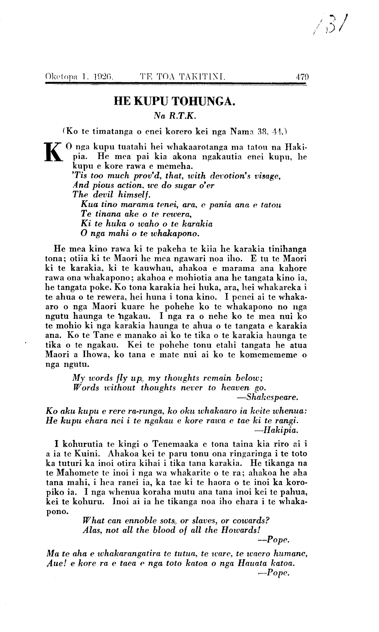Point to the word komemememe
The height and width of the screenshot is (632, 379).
coord(266,355)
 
